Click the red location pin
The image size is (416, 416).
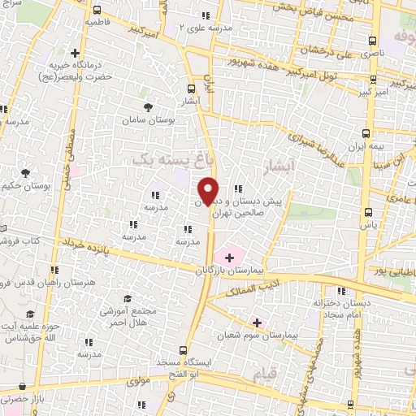pyautogui.click(x=208, y=190)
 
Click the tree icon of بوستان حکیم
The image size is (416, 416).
pyautogui.click(x=26, y=173)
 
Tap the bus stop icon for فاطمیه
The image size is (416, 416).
pyautogui.click(x=97, y=11)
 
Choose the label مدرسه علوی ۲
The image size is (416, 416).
pyautogui.click(x=206, y=27)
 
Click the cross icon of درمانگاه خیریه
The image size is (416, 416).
pyautogui.click(x=76, y=52)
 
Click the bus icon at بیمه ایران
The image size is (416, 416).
pyautogui.click(x=366, y=134)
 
